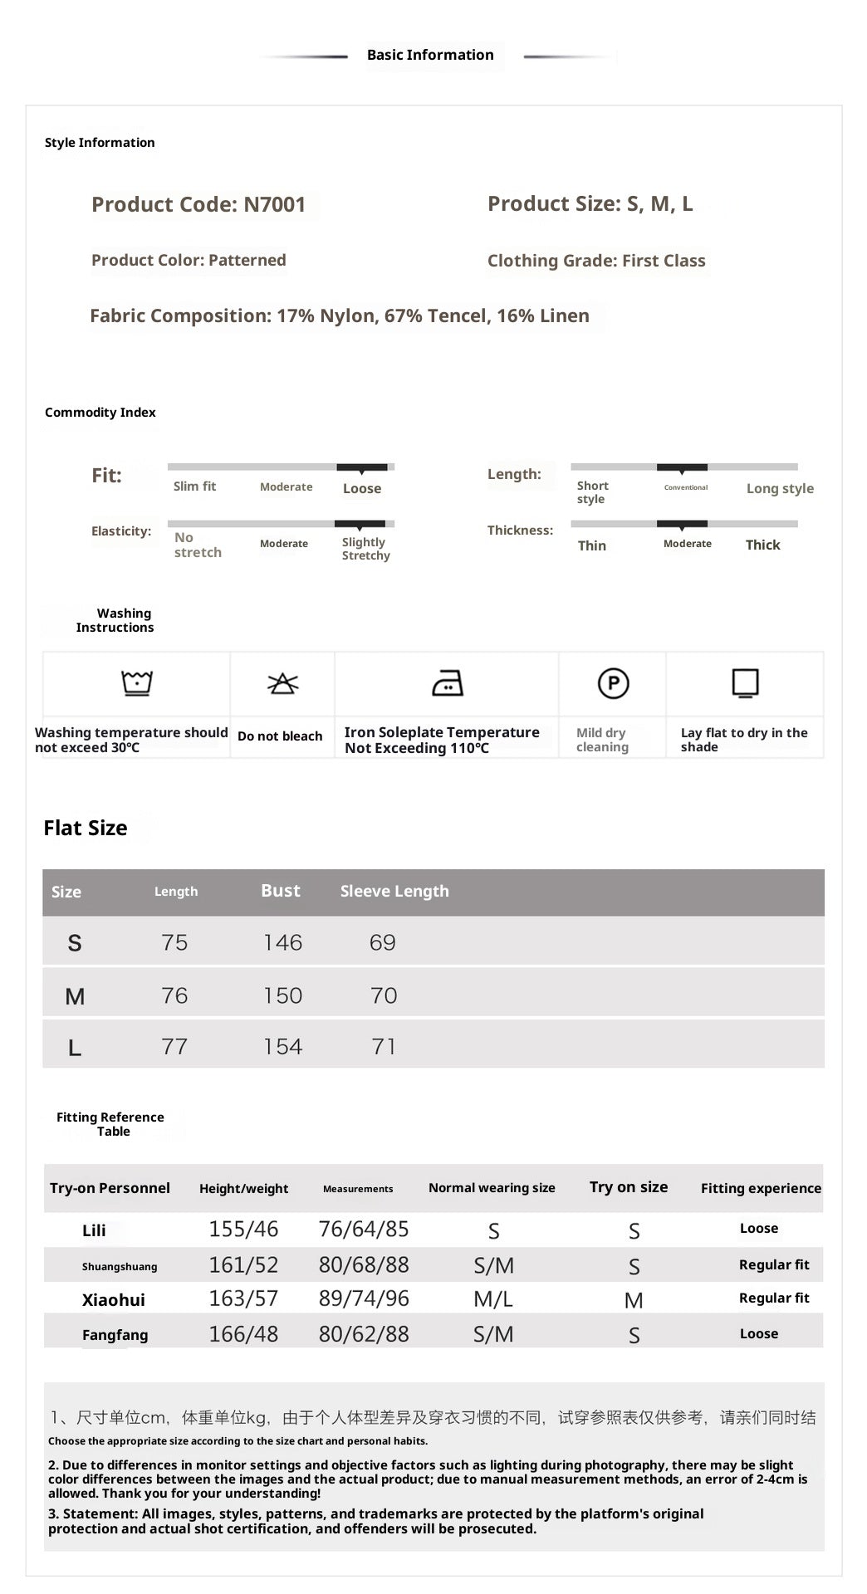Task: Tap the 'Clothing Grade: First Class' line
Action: (595, 261)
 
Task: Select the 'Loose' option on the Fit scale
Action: (362, 488)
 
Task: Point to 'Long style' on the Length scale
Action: (779, 488)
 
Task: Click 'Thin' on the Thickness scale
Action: (591, 545)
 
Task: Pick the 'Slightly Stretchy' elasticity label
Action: (365, 549)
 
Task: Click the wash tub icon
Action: (137, 683)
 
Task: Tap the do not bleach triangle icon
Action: (282, 683)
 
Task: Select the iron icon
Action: (448, 683)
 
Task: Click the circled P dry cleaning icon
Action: (613, 683)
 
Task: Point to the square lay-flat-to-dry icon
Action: (745, 683)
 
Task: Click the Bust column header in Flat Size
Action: (281, 891)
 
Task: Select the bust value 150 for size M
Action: (282, 995)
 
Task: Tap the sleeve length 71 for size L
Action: (384, 1046)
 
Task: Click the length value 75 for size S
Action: (174, 942)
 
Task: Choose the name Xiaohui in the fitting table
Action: (114, 1300)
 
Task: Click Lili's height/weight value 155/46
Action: (243, 1229)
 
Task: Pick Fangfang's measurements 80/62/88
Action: (364, 1334)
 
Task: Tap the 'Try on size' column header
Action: (629, 1187)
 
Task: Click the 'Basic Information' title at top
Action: (430, 55)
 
